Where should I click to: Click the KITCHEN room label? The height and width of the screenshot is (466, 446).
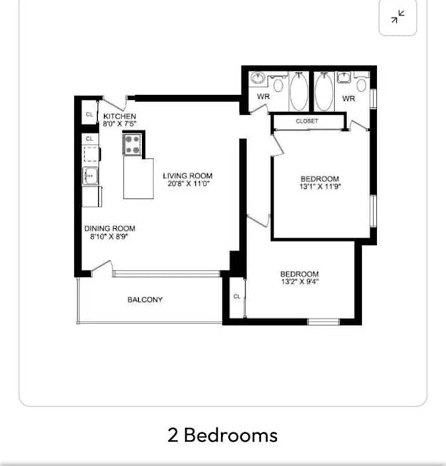coord(119,116)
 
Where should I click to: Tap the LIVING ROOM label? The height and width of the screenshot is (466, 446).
coord(188,176)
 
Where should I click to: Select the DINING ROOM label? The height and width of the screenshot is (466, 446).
coord(110,229)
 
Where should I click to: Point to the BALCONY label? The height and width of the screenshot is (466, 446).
coord(145,300)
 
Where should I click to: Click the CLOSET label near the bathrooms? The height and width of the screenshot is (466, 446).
coord(307,121)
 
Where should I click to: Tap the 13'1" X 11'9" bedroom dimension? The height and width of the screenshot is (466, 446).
coord(320,187)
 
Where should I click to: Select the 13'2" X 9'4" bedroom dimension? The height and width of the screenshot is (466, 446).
coord(300,282)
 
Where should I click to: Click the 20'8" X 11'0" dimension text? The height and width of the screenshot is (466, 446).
coord(188,184)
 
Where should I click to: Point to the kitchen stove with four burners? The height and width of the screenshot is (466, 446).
coord(132,144)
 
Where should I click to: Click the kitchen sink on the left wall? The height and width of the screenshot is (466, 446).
coord(90,176)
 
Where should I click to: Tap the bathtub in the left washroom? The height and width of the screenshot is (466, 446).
coord(299,91)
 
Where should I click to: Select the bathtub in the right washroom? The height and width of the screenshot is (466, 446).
coord(324,91)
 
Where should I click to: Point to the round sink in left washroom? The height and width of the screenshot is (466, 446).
coord(258,78)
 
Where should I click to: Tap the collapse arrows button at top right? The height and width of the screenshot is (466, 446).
coord(398,17)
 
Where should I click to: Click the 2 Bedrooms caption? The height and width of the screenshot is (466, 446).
coord(222,436)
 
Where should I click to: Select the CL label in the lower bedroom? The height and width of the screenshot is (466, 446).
coord(237,296)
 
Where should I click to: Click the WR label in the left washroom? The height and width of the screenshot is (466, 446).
coord(263,97)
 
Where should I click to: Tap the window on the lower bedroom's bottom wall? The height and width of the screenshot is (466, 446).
coord(323,321)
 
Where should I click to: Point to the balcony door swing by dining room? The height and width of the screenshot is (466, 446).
coord(102,266)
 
